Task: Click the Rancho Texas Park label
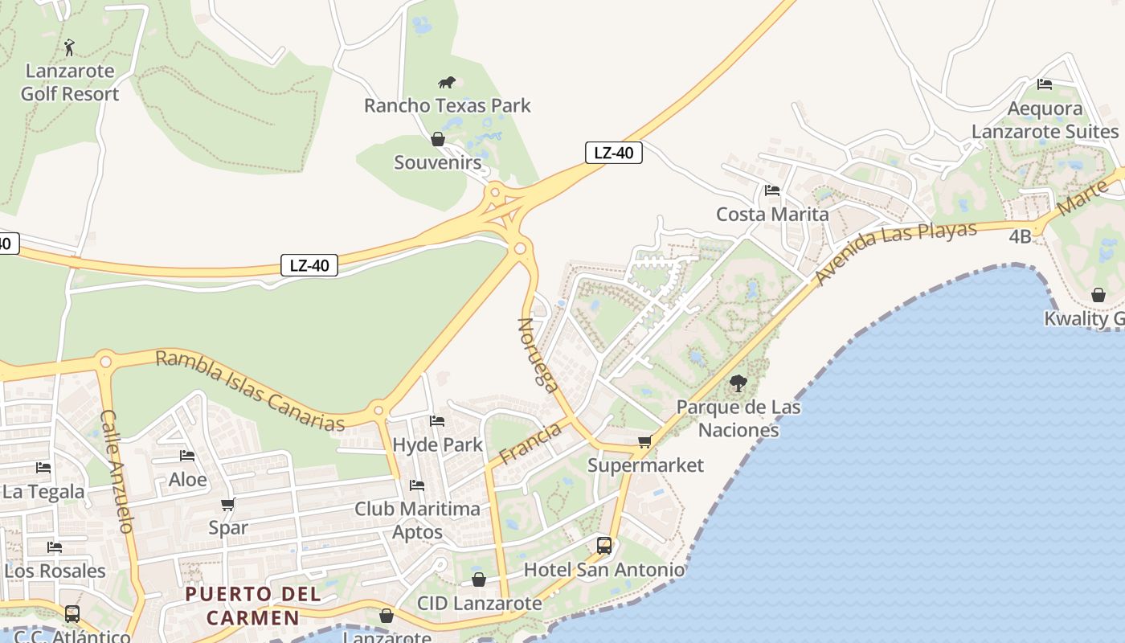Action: [447, 105]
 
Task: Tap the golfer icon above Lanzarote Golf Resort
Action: [70, 47]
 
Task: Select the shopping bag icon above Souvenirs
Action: [438, 140]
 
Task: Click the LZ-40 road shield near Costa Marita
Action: [613, 153]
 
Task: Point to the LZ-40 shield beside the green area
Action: [309, 265]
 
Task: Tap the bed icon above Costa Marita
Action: [772, 190]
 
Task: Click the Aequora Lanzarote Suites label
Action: [1045, 120]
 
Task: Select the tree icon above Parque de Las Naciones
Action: [738, 383]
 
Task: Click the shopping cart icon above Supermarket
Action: [644, 441]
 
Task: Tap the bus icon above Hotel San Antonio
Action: [604, 546]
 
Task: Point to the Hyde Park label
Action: [438, 444]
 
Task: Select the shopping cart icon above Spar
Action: [228, 505]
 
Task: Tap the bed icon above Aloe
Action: [187, 456]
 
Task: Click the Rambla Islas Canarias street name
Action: [250, 390]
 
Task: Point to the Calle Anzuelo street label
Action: [117, 472]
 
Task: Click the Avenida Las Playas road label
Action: [896, 252]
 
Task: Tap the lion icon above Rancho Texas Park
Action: [447, 82]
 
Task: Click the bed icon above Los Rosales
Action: [55, 547]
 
